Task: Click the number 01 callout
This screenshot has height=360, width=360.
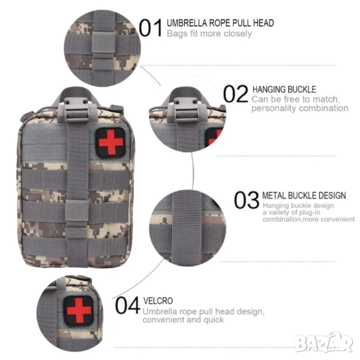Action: (151, 28)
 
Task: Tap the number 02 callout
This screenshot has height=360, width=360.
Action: (236, 94)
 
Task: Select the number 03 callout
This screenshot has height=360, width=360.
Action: (247, 200)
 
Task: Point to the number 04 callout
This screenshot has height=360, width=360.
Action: (128, 305)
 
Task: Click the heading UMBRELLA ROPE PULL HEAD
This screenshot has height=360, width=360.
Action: (220, 23)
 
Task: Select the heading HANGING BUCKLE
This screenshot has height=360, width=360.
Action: (284, 89)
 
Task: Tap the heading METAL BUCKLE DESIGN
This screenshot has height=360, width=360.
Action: (304, 196)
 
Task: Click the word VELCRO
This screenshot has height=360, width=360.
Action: (158, 301)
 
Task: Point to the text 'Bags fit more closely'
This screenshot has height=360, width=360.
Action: (209, 34)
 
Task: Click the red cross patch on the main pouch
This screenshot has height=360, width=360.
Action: (110, 142)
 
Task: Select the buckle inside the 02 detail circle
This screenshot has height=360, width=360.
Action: (186, 110)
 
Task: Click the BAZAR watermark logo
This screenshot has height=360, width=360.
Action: (324, 343)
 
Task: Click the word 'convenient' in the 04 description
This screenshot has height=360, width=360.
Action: (163, 320)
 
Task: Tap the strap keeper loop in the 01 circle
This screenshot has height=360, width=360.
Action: (104, 45)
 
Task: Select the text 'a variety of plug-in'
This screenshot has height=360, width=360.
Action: (292, 212)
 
